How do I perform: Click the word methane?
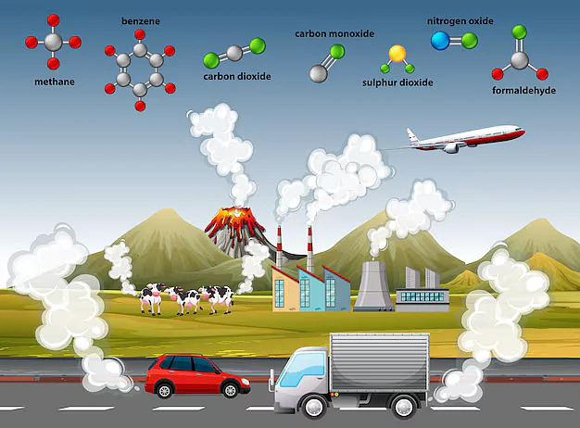pos(55,82)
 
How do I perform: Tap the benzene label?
pos(141,21)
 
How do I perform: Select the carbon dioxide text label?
pos(237,77)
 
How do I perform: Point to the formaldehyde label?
pos(523,91)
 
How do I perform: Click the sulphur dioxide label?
pos(397,82)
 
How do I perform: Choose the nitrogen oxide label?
pos(460,21)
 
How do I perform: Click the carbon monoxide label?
pos(334,34)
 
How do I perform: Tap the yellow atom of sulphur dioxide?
pos(397,54)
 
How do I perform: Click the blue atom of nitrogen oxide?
pos(440,41)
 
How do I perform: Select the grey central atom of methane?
pos(53,42)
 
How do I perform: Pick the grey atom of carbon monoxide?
pos(319,73)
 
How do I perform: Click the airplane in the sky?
pos(465,139)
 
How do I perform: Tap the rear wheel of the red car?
pos(164,390)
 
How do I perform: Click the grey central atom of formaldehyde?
pos(520,60)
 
